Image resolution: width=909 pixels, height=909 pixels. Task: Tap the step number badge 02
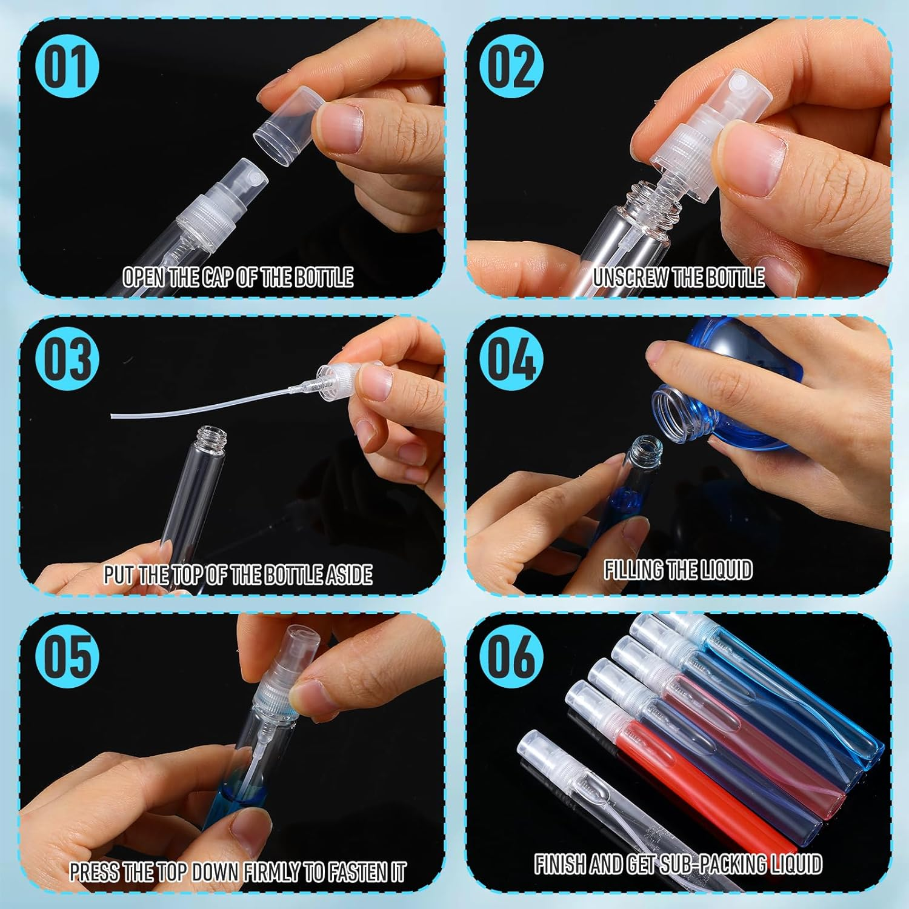click(x=511, y=67)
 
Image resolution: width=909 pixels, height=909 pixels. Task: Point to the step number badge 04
click(x=511, y=359)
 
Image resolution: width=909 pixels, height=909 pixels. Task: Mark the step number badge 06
click(x=511, y=656)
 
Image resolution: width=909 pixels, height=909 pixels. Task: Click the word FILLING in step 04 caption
click(x=633, y=570)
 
